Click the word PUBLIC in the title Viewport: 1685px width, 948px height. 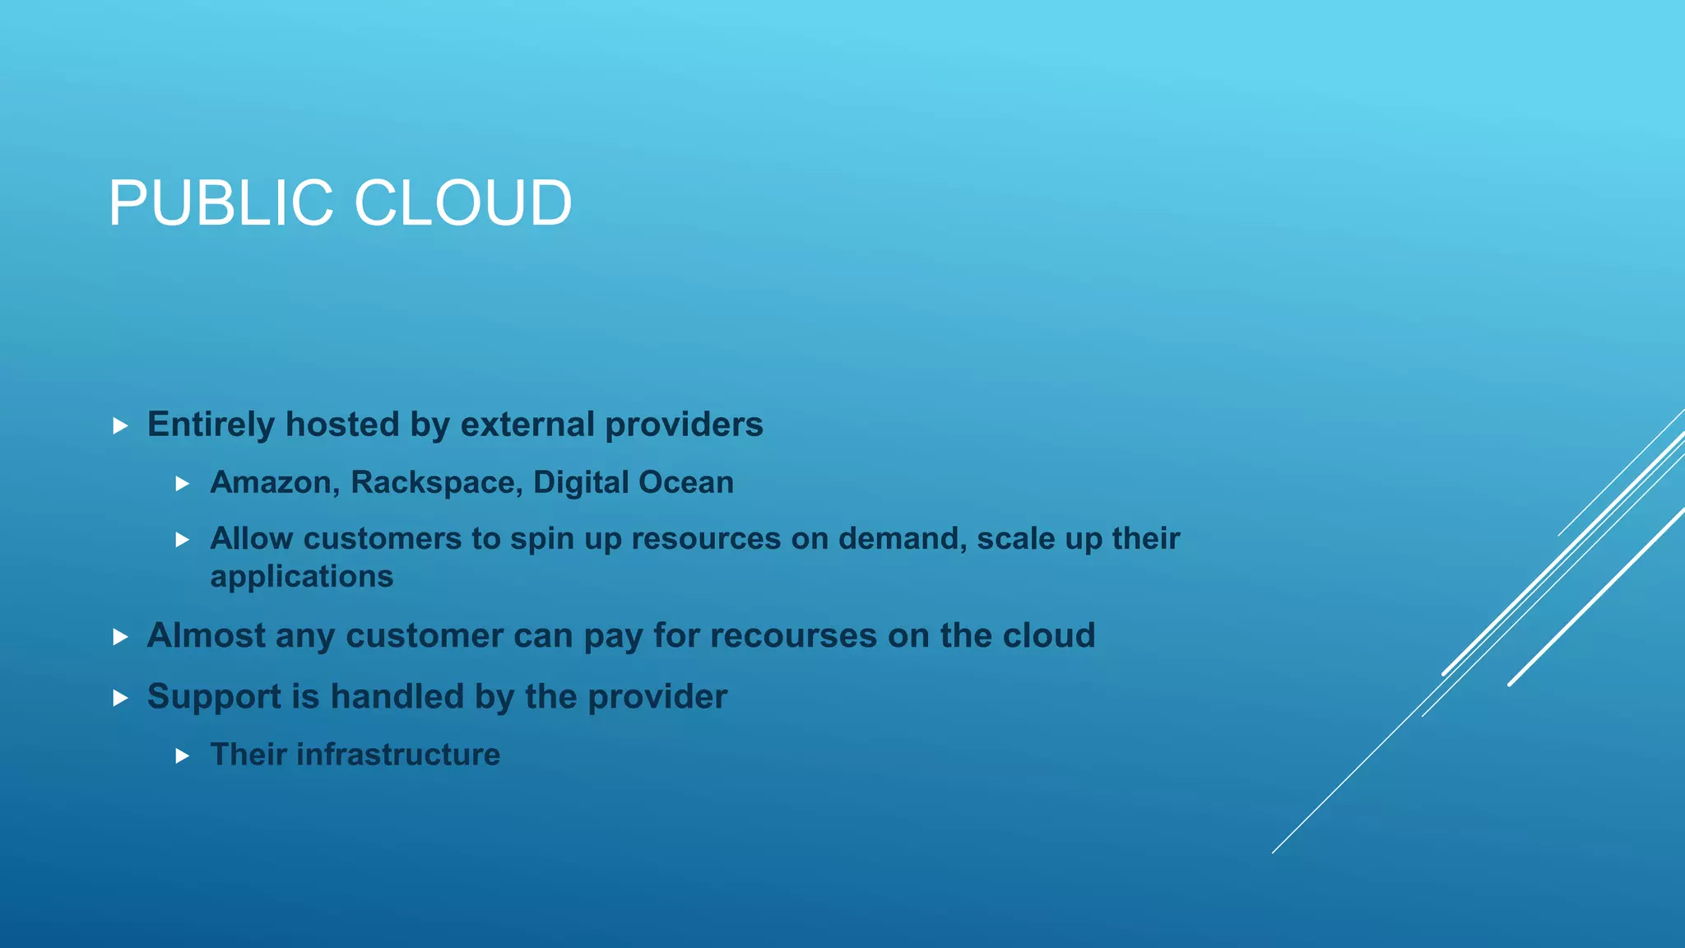pos(220,203)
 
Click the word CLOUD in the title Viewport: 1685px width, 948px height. pos(462,203)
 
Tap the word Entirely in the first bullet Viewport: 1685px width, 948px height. pos(211,425)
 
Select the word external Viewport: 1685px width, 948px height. pos(527,425)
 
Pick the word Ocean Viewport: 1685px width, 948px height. pos(686,482)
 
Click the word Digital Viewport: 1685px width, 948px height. pos(581,482)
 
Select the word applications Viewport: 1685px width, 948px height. pos(302,577)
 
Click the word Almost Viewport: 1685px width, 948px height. pos(206,635)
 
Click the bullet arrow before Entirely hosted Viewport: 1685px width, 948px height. pos(120,426)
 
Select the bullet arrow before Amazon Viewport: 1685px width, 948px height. pos(183,484)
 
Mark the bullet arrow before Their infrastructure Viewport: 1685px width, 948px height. pos(183,755)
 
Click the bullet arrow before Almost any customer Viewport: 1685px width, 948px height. pos(120,637)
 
